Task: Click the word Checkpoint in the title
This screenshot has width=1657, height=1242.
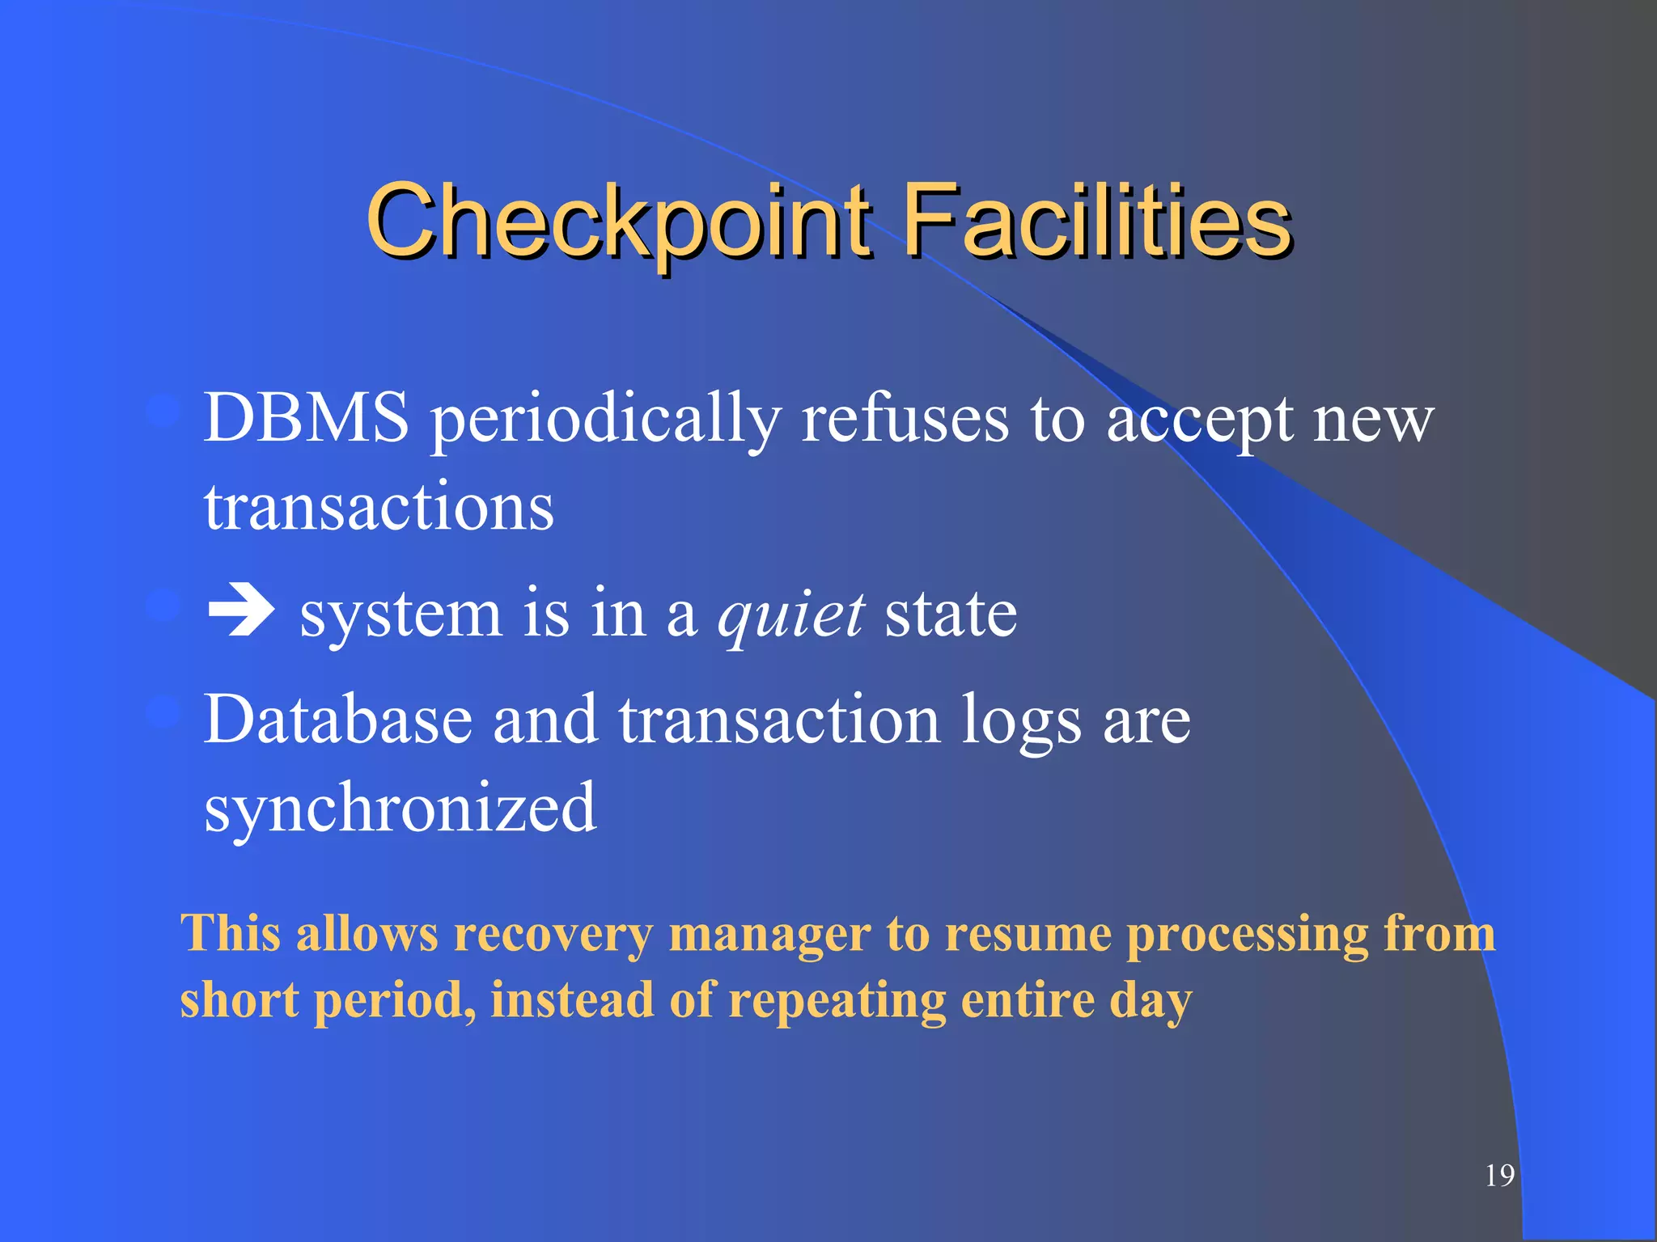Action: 619,220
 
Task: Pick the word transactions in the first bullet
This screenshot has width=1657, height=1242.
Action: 379,508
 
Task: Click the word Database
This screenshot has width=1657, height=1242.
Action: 338,719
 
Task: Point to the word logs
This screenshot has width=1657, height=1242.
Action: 1021,721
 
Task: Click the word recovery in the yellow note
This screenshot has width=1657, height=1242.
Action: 553,935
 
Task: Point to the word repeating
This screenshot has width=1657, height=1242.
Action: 837,1001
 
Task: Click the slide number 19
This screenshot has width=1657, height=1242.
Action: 1499,1175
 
